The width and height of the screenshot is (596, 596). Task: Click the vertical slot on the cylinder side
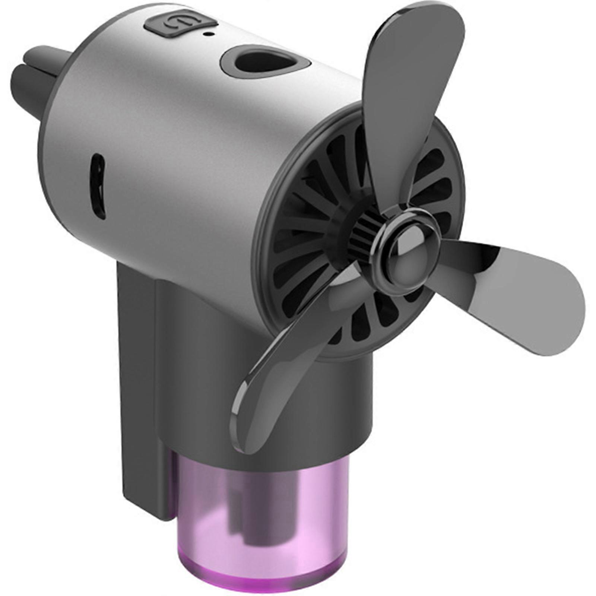pyautogui.click(x=98, y=186)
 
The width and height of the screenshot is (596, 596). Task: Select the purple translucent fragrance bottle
pyautogui.click(x=261, y=521)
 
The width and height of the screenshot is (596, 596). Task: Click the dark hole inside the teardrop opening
pyautogui.click(x=257, y=60)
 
